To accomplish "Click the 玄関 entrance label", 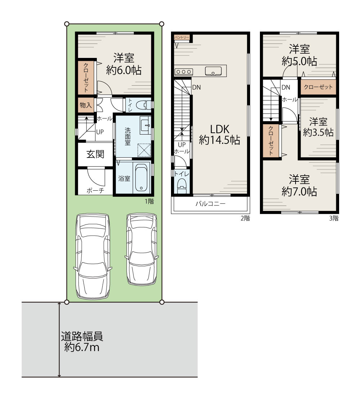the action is [x=95, y=154].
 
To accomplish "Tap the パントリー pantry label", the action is [x=182, y=37].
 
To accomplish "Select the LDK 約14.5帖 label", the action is [x=220, y=135].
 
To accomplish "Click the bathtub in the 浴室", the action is [x=141, y=178].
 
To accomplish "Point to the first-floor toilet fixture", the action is [x=143, y=105].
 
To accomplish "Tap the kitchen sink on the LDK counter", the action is [x=213, y=71].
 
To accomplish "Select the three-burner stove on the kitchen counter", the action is [x=184, y=72].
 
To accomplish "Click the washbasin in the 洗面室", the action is [x=146, y=125].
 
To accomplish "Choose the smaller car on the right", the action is [x=142, y=249].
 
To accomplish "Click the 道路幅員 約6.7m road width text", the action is [x=82, y=341].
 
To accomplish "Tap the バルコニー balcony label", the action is [x=211, y=204].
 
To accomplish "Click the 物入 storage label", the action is [x=86, y=105].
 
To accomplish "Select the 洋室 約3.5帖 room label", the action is [x=318, y=127].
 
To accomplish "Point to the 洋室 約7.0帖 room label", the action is [x=299, y=185].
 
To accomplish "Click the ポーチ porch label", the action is [x=95, y=190].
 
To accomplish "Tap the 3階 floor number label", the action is [x=334, y=218].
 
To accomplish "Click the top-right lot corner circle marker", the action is [x=162, y=24].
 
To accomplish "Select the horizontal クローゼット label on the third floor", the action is [x=318, y=87].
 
